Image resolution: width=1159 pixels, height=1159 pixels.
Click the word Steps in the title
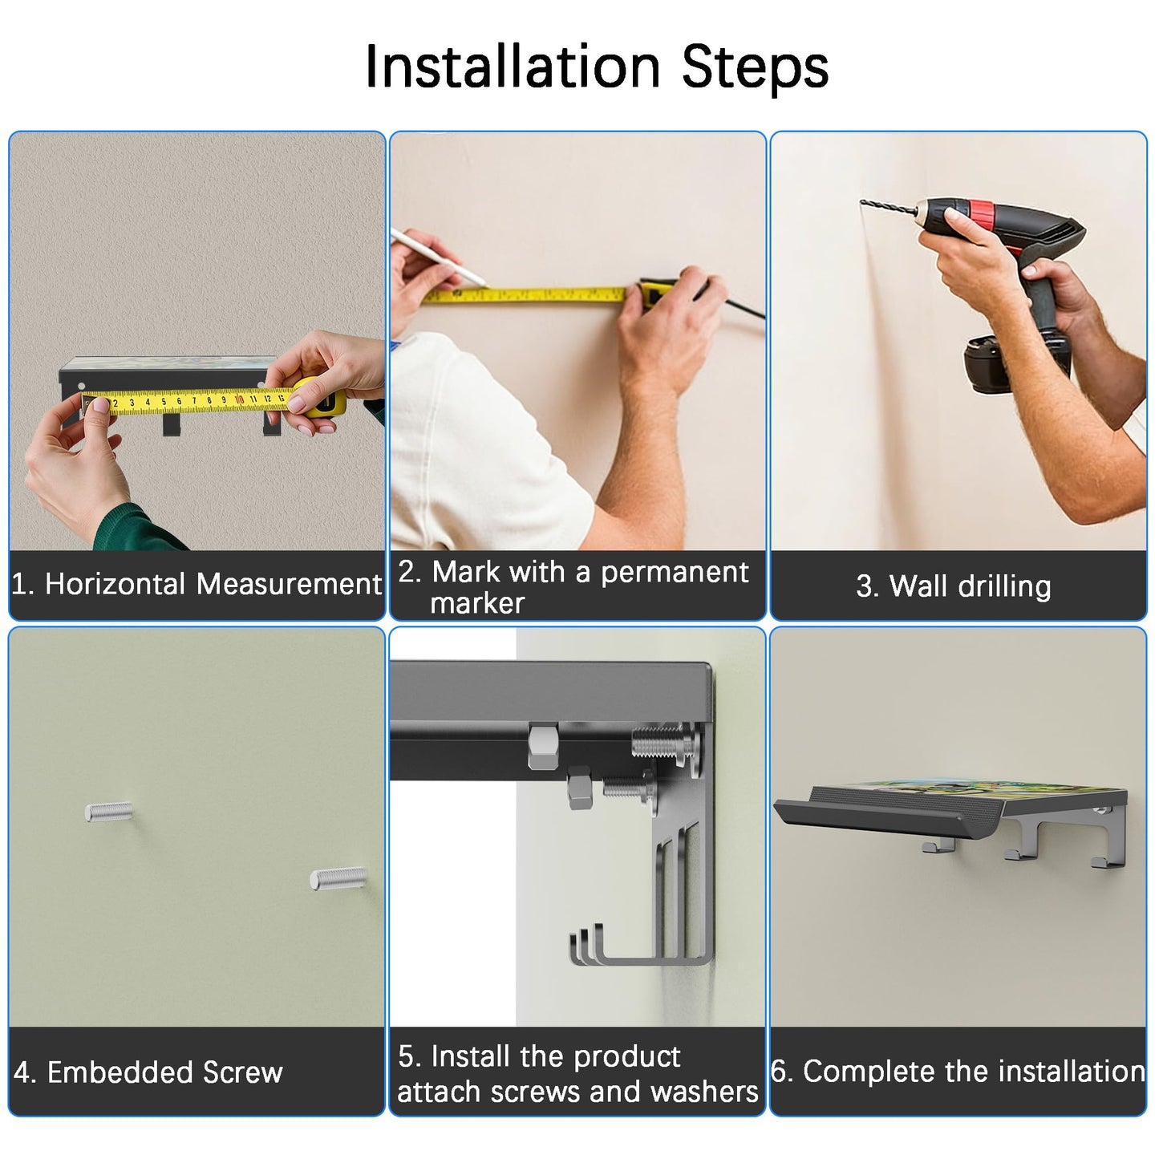755,67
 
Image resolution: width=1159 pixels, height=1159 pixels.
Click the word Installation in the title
513,66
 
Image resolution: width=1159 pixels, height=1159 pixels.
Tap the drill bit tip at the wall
862,202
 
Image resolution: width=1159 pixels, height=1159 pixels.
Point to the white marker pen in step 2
438,257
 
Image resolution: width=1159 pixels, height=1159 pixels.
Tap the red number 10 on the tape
239,399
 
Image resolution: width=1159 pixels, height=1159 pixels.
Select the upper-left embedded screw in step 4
108,812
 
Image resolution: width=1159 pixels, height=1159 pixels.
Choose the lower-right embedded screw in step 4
338,879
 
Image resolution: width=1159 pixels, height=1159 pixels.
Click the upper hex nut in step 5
544,747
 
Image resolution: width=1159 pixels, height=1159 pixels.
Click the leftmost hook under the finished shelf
938,847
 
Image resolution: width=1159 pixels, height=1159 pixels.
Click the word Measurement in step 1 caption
289,584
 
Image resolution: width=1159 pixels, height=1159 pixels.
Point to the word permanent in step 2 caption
675,572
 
